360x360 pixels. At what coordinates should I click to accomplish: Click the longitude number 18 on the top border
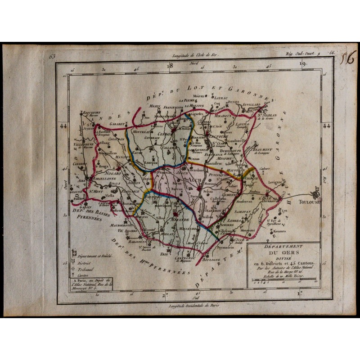point(170,66)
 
